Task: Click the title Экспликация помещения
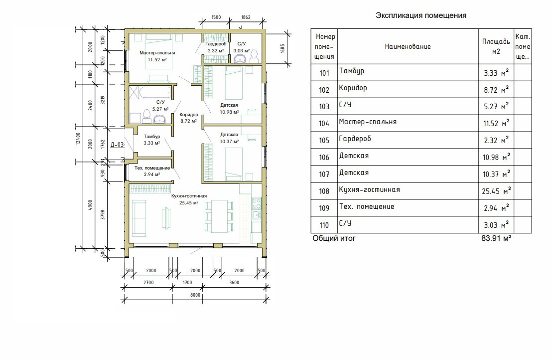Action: pos(420,15)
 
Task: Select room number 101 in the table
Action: pos(325,73)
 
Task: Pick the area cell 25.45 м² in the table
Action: pos(496,191)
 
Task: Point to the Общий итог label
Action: pos(334,238)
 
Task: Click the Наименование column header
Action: pos(408,46)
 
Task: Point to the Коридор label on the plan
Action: pos(188,115)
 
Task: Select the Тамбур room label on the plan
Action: pos(151,137)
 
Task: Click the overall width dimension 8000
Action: pos(195,295)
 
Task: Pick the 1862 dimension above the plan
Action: pos(245,17)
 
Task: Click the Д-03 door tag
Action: pos(117,145)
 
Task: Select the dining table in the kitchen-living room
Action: pos(219,216)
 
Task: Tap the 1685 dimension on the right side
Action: pos(282,48)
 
